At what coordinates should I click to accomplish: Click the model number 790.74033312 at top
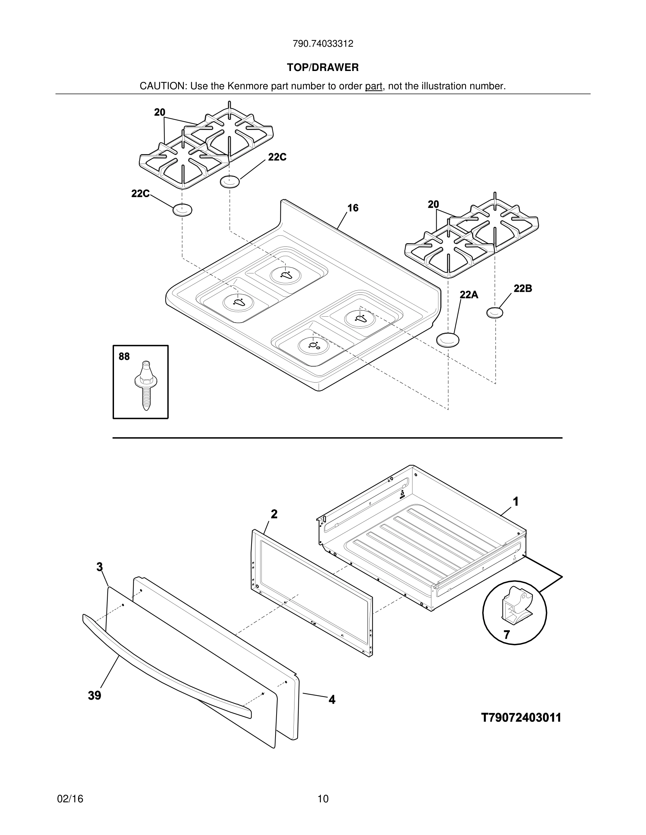click(323, 44)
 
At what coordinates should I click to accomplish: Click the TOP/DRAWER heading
click(323, 68)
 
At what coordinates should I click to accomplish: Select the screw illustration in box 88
click(144, 386)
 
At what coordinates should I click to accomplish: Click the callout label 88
click(124, 357)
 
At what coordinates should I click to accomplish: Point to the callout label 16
click(353, 208)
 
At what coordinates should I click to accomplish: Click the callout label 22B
click(522, 289)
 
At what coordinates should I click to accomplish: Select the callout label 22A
click(469, 294)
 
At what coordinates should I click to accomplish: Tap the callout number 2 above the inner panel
click(274, 514)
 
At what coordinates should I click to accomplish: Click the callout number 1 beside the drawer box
click(515, 501)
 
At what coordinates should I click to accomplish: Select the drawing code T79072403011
click(521, 718)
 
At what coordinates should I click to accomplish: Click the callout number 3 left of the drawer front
click(100, 567)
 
